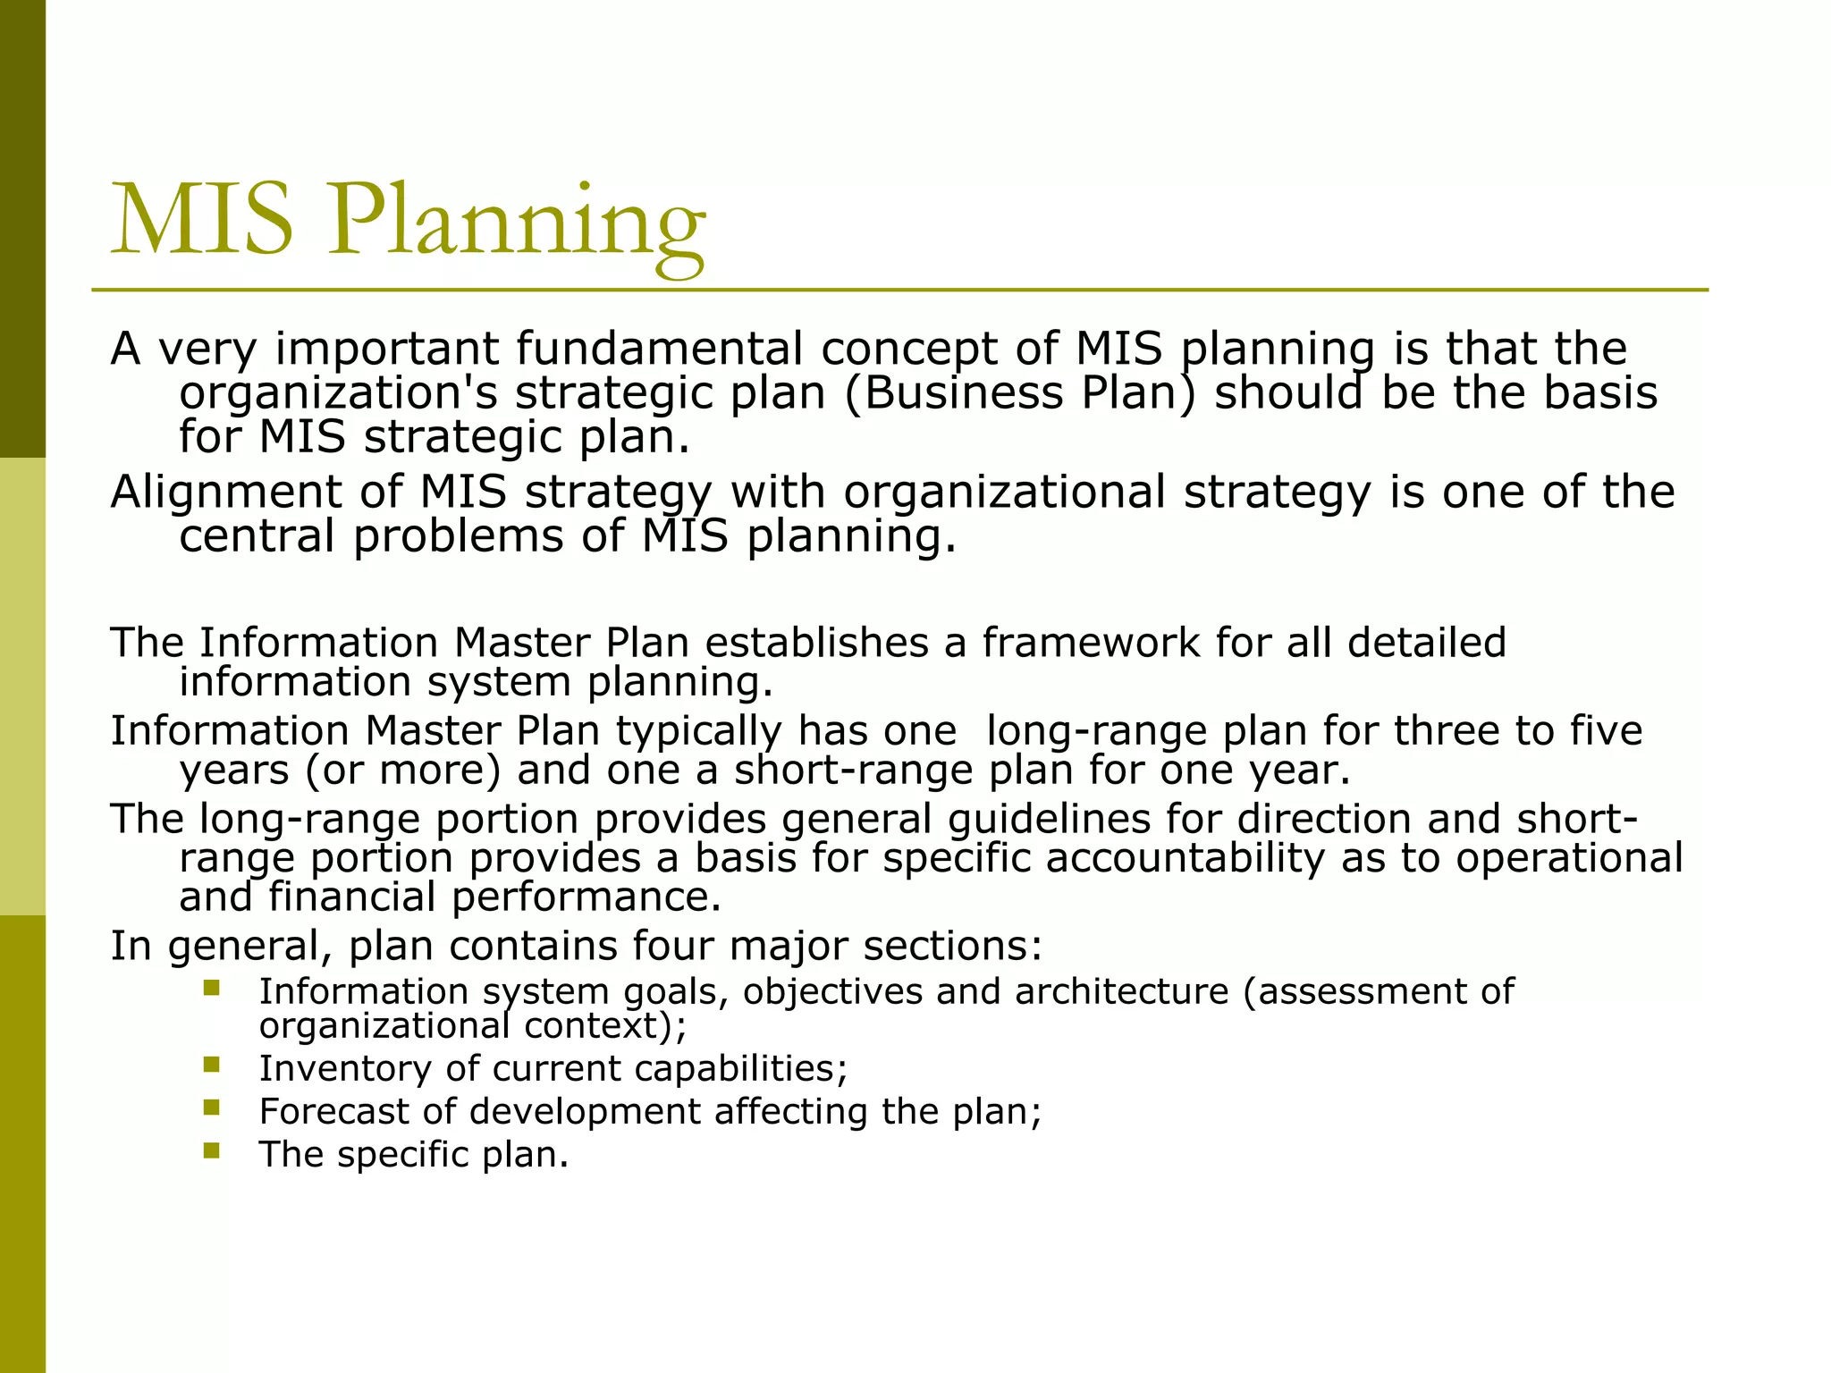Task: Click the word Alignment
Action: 225,493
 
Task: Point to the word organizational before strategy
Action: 1004,493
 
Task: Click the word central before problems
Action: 257,536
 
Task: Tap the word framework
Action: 1091,643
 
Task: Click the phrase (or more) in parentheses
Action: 403,771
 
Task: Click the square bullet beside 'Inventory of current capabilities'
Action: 211,1065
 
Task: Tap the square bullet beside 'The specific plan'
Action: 211,1150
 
